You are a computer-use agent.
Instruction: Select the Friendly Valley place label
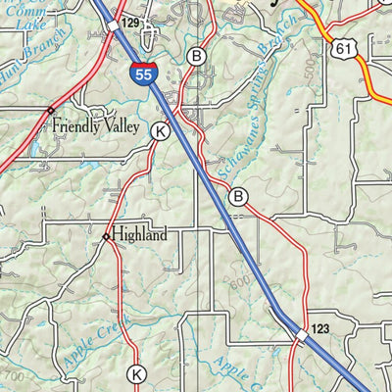102,125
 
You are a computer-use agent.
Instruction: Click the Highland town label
139,235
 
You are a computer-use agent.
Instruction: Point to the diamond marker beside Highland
106,236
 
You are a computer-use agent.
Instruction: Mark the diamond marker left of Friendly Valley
51,111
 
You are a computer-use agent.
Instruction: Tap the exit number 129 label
131,22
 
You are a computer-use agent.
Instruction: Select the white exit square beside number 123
301,335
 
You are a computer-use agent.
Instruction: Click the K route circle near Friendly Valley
161,130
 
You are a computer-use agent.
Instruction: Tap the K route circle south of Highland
137,373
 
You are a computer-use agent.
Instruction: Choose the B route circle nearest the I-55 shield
197,56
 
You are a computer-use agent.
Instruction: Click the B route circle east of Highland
237,198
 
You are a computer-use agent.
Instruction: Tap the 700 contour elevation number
15,375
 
